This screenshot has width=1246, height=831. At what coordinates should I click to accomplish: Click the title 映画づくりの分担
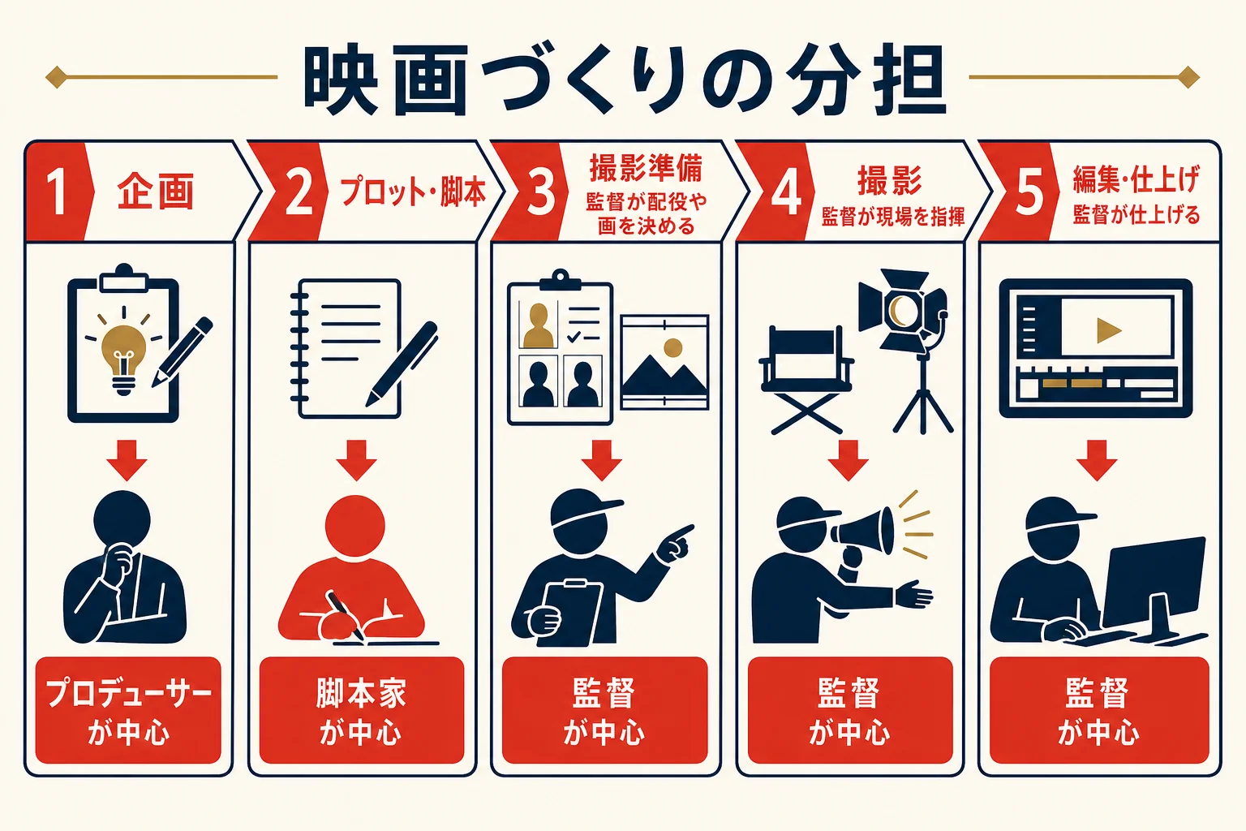(x=624, y=80)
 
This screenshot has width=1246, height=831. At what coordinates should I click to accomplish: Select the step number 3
(x=541, y=192)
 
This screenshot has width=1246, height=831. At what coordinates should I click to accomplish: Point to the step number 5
(x=1029, y=192)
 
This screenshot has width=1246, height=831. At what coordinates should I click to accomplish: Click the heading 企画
(x=155, y=191)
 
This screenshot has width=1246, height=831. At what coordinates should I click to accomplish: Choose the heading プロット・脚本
(x=412, y=192)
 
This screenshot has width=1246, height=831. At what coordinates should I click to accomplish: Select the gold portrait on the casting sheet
(x=539, y=325)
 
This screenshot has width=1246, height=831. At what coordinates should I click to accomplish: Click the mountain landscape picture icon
(x=664, y=362)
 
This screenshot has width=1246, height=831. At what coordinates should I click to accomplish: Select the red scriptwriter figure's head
(x=354, y=525)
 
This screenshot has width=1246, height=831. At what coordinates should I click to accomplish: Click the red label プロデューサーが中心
(x=128, y=710)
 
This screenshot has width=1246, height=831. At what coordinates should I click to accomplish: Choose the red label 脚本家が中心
(x=362, y=710)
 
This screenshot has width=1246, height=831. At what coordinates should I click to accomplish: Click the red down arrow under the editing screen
(x=1097, y=460)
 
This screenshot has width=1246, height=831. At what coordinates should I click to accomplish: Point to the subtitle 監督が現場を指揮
(x=893, y=217)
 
